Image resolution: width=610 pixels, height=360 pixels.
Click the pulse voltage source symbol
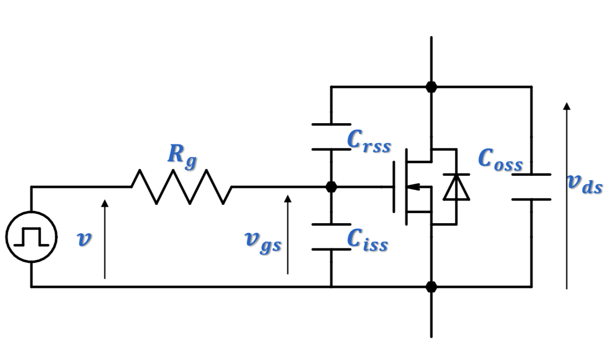tap(31, 237)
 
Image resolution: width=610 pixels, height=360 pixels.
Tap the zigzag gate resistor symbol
tap(181, 187)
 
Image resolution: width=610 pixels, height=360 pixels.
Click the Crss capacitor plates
tap(331, 137)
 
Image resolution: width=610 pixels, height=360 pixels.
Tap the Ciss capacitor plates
tap(331, 237)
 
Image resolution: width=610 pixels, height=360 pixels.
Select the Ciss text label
tap(367, 240)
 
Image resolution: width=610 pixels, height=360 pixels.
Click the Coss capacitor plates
tap(531, 187)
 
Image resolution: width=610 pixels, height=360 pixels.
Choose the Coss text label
tap(500, 160)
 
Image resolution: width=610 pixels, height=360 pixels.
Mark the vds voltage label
tap(584, 183)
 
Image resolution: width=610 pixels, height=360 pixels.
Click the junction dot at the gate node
tap(331, 187)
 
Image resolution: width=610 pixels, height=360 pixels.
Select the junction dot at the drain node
tap(431, 87)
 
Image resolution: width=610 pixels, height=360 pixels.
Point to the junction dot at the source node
tap(431, 287)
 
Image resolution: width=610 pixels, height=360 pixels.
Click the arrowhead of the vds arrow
tap(567, 106)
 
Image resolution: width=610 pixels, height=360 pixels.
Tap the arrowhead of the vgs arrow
tap(288, 199)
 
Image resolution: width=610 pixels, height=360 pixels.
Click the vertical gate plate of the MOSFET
tap(394, 187)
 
